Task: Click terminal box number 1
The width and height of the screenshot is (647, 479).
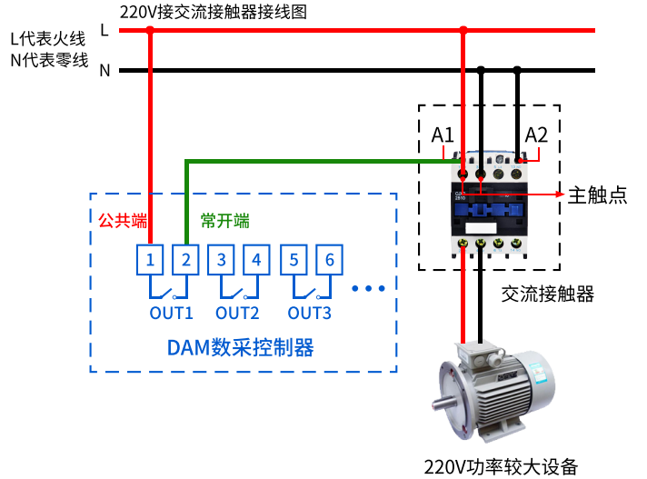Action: point(151,260)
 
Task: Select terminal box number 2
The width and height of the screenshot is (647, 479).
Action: point(185,260)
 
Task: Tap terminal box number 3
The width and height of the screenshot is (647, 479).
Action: point(222,260)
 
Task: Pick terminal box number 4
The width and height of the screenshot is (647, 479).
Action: point(256,260)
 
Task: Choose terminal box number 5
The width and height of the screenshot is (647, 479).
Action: point(294,260)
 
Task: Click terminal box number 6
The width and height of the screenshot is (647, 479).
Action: point(329,260)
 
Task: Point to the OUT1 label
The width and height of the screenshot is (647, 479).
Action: point(172,313)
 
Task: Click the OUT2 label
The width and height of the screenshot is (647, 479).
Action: point(237,313)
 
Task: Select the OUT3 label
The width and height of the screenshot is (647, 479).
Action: point(309,313)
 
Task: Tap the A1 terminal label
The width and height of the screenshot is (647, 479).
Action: point(443,135)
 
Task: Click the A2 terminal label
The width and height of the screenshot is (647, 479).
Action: point(537,135)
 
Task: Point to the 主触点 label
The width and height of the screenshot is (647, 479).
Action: point(598,195)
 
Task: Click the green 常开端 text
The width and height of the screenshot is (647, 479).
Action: point(224,221)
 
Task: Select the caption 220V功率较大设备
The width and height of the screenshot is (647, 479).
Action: point(501,467)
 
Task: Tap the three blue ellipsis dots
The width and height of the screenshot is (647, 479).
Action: point(369,288)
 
